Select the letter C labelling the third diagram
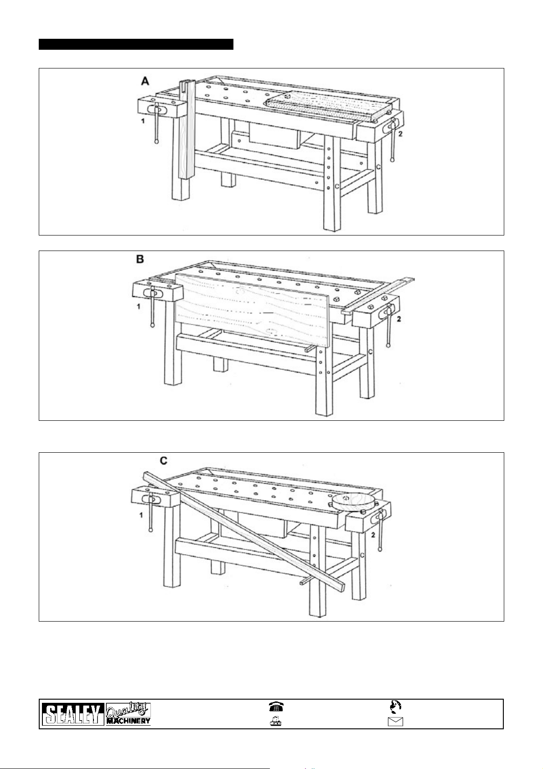click(x=163, y=461)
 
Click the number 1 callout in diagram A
click(x=143, y=121)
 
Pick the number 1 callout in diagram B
click(x=139, y=307)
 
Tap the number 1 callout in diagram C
click(x=141, y=515)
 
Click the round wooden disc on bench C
click(x=352, y=502)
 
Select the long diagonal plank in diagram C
click(x=246, y=529)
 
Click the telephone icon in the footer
click(x=275, y=707)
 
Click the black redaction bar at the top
click(x=136, y=44)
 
